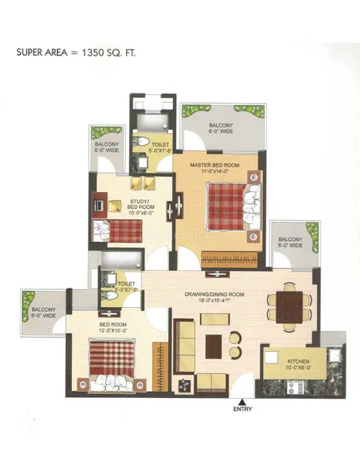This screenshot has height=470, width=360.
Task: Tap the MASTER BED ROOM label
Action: (214, 166)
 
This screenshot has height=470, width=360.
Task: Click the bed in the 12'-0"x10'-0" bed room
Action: (115, 363)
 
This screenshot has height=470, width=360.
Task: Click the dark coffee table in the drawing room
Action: (213, 344)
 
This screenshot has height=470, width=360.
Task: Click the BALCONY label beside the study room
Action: (107, 147)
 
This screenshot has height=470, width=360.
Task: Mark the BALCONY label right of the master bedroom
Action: (290, 241)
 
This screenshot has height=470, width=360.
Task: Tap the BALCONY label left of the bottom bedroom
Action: (43, 312)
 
